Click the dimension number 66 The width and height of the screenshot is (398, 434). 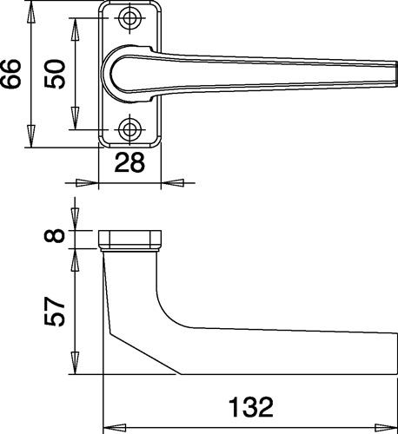(x=10, y=74)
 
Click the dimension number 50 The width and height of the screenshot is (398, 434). (x=55, y=74)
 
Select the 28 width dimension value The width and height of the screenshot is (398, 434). (x=129, y=162)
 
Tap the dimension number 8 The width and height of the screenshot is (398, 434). (x=55, y=235)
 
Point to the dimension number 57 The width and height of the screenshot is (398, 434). (x=55, y=312)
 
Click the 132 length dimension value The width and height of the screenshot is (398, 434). (x=251, y=407)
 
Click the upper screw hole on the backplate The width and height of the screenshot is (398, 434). (x=129, y=18)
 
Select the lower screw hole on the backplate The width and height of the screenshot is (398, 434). (x=129, y=129)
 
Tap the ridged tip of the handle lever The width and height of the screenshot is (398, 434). (x=395, y=74)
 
